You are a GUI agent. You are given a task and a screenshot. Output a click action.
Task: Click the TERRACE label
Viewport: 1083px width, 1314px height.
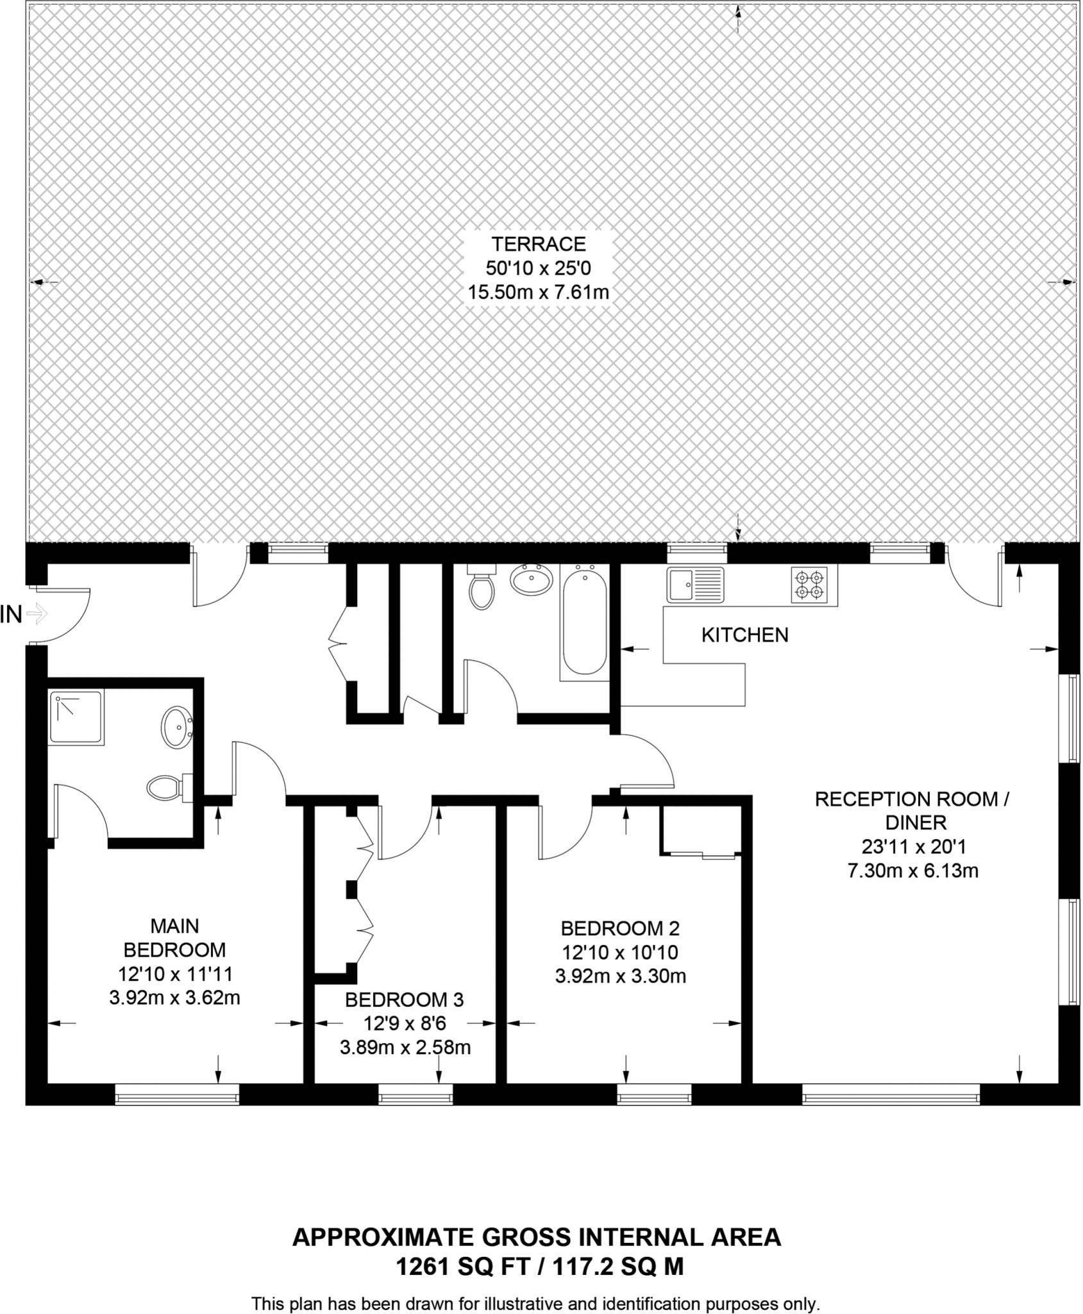538,244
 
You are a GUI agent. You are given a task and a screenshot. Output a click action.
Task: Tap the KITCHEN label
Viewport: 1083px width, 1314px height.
744,635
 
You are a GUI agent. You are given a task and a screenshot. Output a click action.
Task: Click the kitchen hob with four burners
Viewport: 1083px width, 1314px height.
809,585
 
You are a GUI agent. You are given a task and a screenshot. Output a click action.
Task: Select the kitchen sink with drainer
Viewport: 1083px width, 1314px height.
695,584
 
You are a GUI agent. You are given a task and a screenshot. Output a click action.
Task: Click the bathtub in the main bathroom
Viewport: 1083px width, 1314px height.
584,622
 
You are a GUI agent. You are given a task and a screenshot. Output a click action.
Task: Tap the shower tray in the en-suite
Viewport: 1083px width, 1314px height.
76,718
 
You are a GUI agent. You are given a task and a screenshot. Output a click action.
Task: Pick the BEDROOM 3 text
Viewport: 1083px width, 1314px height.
404,1000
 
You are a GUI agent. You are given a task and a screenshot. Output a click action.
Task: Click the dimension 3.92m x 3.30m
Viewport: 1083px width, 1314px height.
620,977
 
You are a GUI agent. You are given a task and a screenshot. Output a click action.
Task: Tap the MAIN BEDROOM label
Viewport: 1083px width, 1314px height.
174,937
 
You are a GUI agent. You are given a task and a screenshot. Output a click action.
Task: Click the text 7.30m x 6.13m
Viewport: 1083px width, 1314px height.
913,871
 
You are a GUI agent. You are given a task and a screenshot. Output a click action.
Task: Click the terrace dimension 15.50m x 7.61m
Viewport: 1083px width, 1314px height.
538,293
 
